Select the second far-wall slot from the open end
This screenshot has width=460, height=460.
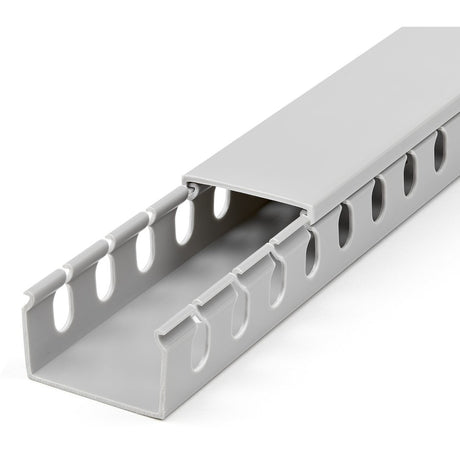[104, 278]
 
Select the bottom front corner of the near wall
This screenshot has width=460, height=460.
[160, 412]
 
